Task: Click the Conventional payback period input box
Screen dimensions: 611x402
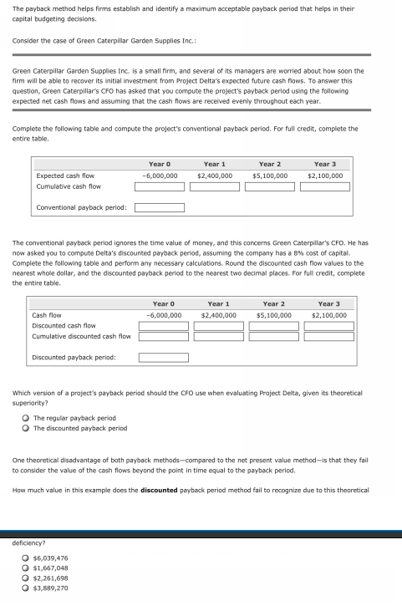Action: pyautogui.click(x=160, y=207)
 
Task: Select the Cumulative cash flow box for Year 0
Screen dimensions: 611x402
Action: pyautogui.click(x=160, y=186)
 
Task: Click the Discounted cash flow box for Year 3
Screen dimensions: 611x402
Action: pyautogui.click(x=328, y=325)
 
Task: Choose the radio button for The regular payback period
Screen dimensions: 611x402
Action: pyautogui.click(x=26, y=418)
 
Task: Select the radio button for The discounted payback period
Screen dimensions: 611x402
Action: pyautogui.click(x=26, y=428)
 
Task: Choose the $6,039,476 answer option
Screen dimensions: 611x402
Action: pyautogui.click(x=26, y=558)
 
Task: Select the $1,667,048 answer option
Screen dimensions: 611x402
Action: pyautogui.click(x=26, y=568)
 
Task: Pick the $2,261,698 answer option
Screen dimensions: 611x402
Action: pyautogui.click(x=26, y=578)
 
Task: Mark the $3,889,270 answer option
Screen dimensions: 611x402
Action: pyautogui.click(x=26, y=588)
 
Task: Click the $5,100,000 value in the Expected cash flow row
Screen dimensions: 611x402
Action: pyautogui.click(x=270, y=176)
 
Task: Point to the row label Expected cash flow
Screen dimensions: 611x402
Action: pyautogui.click(x=65, y=176)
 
